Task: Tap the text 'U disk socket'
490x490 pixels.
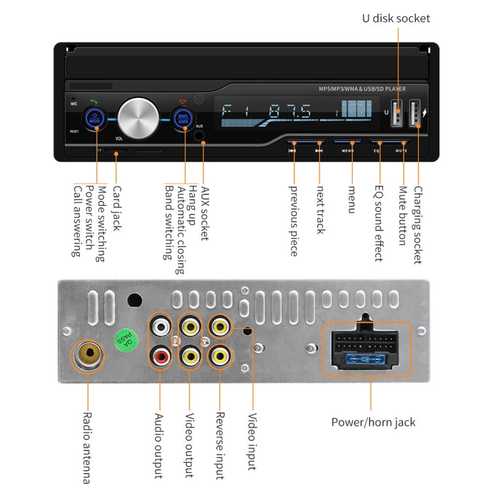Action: [397, 18]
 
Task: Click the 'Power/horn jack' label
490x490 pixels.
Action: [373, 422]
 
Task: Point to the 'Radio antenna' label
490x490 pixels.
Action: [87, 447]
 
